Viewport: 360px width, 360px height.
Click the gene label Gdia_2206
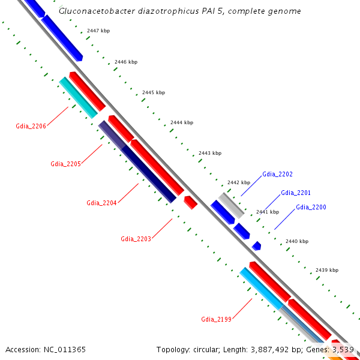point(31,126)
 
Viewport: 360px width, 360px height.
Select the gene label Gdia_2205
point(65,164)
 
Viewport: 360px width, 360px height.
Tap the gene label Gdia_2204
point(101,203)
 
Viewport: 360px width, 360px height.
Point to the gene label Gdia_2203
point(136,239)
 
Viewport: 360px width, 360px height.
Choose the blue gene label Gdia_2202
point(277,175)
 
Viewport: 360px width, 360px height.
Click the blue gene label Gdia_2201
point(296,193)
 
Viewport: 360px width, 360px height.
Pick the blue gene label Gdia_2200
point(311,207)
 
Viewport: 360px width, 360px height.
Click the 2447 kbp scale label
point(98,30)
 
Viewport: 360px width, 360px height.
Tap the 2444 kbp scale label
point(182,122)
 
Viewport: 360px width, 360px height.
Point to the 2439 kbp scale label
point(326,270)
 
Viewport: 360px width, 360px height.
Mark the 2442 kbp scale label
point(238,182)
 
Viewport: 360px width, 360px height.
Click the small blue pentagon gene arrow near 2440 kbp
point(257,245)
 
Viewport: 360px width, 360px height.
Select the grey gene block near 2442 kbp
point(232,205)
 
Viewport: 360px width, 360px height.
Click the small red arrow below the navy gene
point(191,202)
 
